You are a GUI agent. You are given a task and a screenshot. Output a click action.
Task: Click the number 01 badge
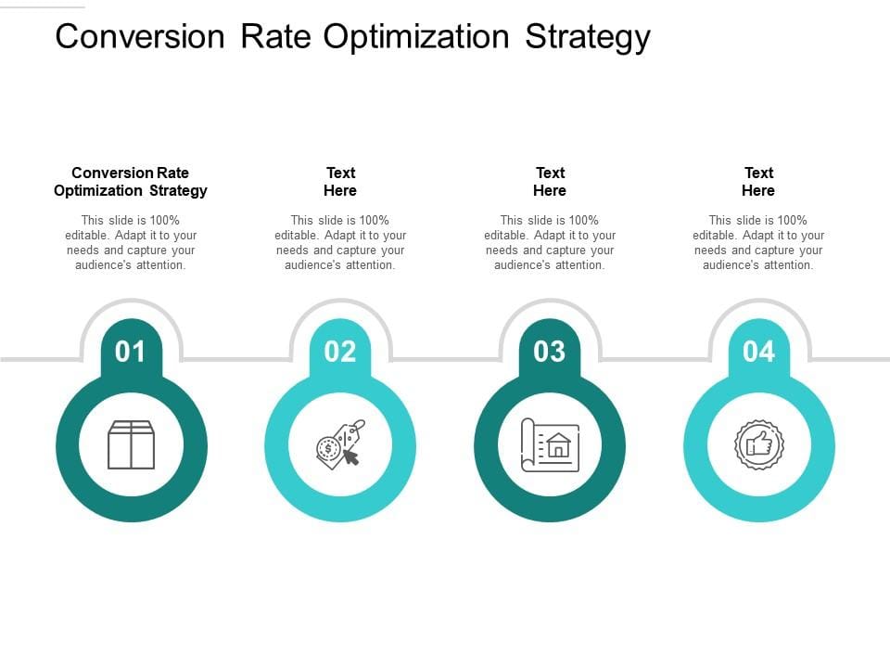[x=131, y=352]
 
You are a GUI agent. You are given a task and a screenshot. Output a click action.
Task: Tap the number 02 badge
[x=340, y=352]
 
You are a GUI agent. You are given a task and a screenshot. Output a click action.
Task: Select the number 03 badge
[x=550, y=352]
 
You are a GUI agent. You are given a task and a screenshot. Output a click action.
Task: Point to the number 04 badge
[x=759, y=352]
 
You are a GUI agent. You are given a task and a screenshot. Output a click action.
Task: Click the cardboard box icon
[x=131, y=444]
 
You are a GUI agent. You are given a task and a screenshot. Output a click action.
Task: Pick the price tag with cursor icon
[x=340, y=444]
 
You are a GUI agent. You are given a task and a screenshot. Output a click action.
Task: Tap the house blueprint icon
[x=550, y=445]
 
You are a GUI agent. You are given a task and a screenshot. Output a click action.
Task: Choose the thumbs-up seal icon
[x=759, y=444]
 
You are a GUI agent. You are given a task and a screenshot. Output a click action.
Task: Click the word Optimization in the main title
[x=416, y=37]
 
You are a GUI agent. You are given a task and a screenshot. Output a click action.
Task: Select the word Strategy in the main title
[x=588, y=37]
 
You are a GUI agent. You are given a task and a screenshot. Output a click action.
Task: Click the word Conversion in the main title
[x=140, y=36]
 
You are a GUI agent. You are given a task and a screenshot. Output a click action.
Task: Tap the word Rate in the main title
[x=276, y=36]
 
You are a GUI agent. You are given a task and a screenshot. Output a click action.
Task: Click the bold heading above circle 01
[x=131, y=181]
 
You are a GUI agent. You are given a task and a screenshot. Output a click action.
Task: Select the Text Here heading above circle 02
[x=340, y=181]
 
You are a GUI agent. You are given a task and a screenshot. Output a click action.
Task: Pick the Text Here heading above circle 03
[x=550, y=181]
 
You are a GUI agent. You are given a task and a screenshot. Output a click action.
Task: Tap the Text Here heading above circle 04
[x=758, y=181]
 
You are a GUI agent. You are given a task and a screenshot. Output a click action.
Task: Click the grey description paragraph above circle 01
[x=131, y=242]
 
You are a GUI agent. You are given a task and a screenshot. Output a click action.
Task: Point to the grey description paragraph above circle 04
[x=758, y=242]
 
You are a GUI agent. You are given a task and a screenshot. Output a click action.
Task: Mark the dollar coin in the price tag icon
[x=327, y=449]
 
